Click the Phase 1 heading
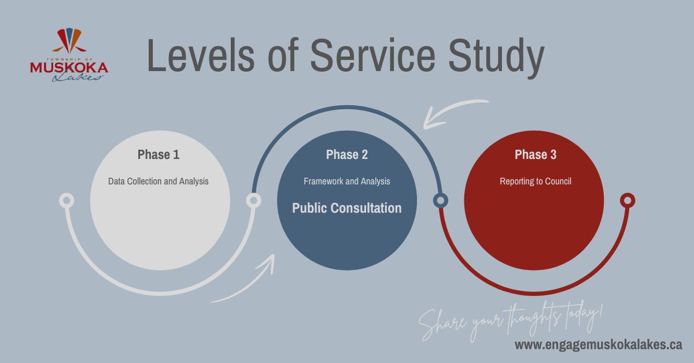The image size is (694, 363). [158, 154]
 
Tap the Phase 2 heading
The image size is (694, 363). [346, 154]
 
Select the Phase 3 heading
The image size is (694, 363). [536, 154]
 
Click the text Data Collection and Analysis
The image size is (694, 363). [158, 181]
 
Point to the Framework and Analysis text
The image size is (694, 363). [346, 181]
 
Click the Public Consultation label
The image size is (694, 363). [346, 208]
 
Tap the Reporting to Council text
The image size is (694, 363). [536, 181]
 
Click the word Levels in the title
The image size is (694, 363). [201, 55]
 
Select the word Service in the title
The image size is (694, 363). [372, 55]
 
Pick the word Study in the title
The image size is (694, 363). [496, 59]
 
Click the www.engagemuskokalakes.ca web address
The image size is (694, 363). [598, 345]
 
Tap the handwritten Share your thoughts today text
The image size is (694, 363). [511, 322]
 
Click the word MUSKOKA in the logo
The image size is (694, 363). [69, 68]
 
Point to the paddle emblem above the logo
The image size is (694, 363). [69, 41]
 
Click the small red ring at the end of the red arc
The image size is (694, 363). [627, 201]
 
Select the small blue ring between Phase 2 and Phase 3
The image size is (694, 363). [440, 201]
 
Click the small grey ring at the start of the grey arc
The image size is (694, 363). [67, 201]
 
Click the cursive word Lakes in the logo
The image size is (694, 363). [77, 77]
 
